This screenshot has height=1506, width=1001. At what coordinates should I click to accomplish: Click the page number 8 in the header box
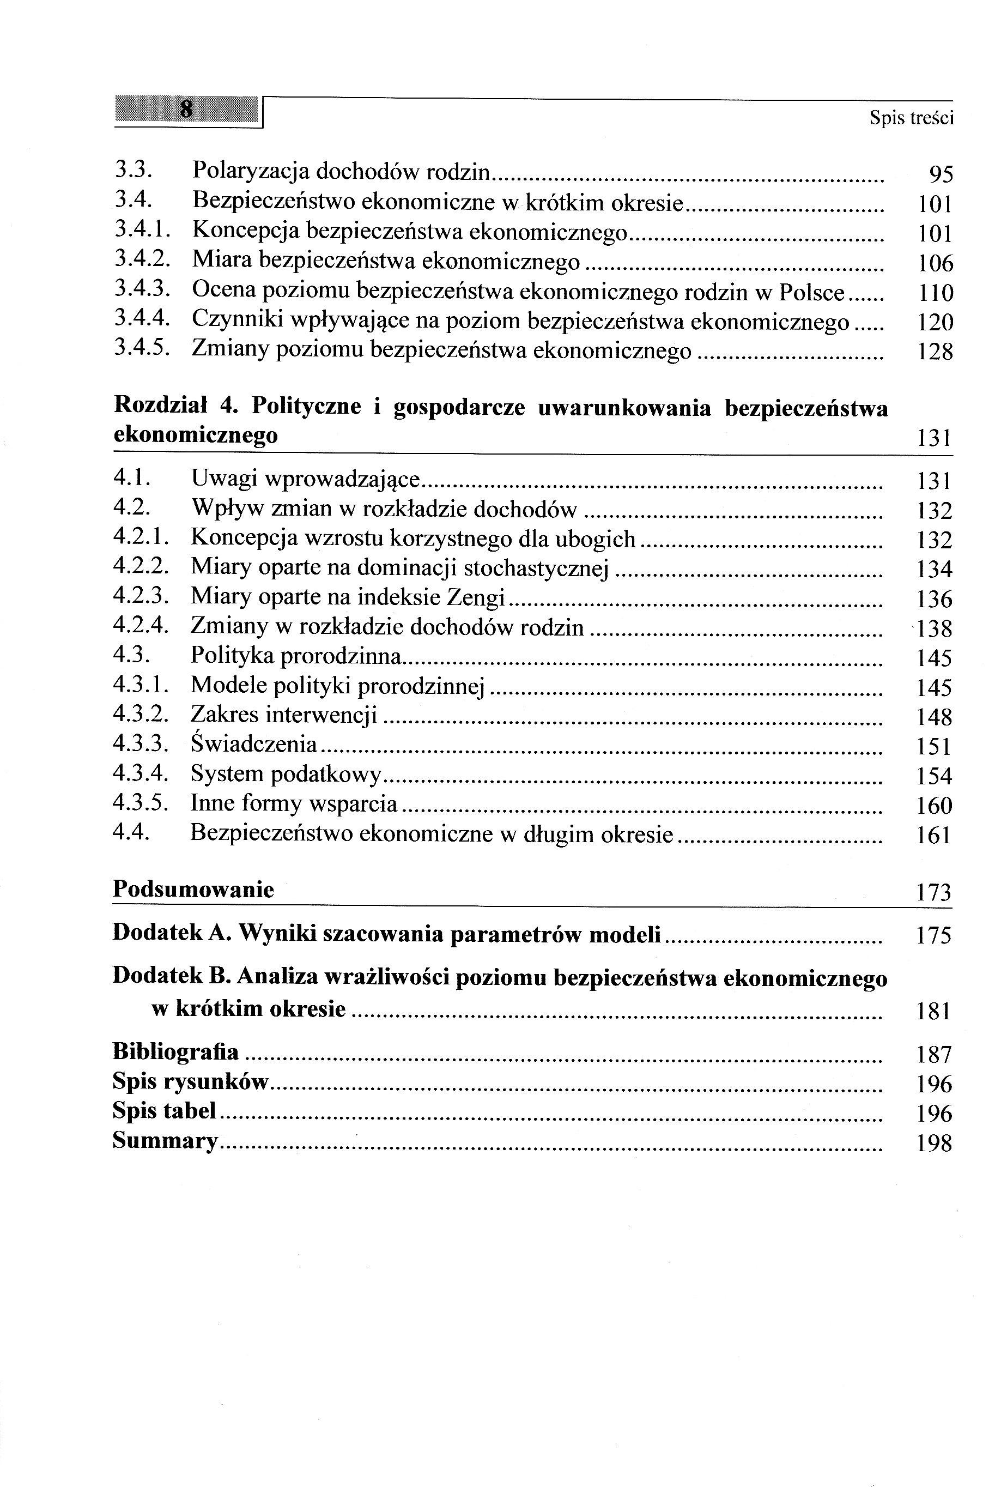(186, 109)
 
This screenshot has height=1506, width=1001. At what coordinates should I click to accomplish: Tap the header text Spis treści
(911, 118)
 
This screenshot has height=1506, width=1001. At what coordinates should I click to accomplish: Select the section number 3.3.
(132, 171)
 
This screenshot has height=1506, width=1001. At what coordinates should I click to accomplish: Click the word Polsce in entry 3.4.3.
(811, 292)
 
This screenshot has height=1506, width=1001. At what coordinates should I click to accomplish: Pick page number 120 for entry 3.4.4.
(935, 322)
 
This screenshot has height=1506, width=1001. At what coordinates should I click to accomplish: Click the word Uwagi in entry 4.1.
(223, 479)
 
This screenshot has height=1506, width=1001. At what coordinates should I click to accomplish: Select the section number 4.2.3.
(141, 596)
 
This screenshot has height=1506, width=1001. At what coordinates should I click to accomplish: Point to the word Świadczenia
(253, 744)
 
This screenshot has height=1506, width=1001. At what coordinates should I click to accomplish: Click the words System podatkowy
(286, 775)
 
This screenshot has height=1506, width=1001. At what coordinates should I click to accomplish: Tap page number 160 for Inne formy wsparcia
(934, 806)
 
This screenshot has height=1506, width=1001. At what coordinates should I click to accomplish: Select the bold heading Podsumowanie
(193, 890)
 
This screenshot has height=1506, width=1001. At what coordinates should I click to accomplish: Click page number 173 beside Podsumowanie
(933, 892)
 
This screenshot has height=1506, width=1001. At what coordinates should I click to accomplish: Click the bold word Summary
(165, 1140)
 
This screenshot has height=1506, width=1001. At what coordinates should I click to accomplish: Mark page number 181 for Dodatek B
(933, 1011)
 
